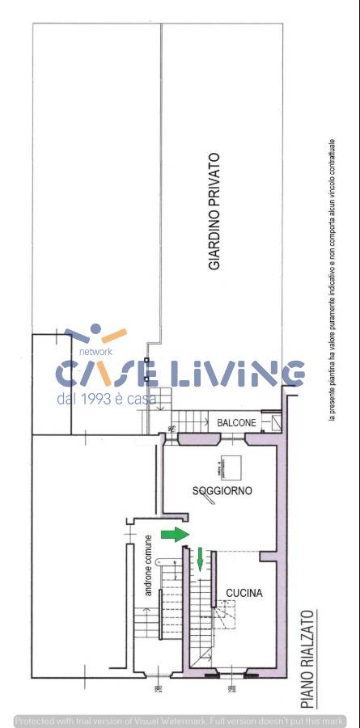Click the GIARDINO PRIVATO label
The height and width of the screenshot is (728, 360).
tap(214, 212)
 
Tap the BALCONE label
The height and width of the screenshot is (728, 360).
tap(236, 423)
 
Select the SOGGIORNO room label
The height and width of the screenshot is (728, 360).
tap(222, 491)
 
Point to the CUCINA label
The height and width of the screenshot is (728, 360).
tap(244, 593)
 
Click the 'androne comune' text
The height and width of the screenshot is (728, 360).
tap(148, 566)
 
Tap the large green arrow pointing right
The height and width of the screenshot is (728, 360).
tap(174, 534)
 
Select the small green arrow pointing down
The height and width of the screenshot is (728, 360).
tap(201, 558)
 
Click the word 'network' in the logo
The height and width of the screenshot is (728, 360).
tap(95, 352)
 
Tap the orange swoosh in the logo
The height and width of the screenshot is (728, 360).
tap(112, 335)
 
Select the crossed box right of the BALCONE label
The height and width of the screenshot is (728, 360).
tap(276, 422)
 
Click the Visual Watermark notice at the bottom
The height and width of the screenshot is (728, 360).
tap(180, 721)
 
